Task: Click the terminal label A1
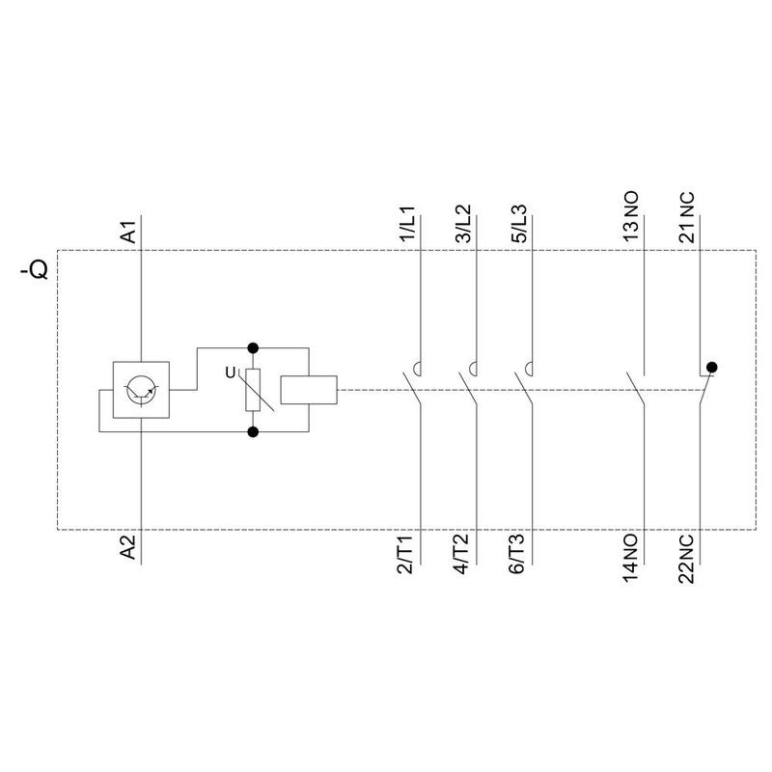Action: point(128,233)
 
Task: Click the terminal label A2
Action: point(128,546)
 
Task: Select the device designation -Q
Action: point(35,269)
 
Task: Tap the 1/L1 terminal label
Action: point(407,224)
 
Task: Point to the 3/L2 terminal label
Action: point(463,224)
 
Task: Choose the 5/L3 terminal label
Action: point(519,224)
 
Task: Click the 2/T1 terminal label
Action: point(406,554)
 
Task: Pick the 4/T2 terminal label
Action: point(461,554)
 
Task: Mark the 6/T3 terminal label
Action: point(517,554)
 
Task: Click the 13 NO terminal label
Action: point(631,216)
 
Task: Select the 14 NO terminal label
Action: point(631,559)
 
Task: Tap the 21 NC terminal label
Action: point(686,217)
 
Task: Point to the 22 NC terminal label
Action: point(686,560)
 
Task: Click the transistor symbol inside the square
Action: point(141,390)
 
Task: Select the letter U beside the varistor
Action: point(230,372)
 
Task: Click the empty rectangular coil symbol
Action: point(309,390)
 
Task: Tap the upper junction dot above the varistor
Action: point(253,348)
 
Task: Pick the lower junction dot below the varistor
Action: point(253,431)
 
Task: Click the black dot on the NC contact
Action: point(711,368)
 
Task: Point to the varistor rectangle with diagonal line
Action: point(253,390)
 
